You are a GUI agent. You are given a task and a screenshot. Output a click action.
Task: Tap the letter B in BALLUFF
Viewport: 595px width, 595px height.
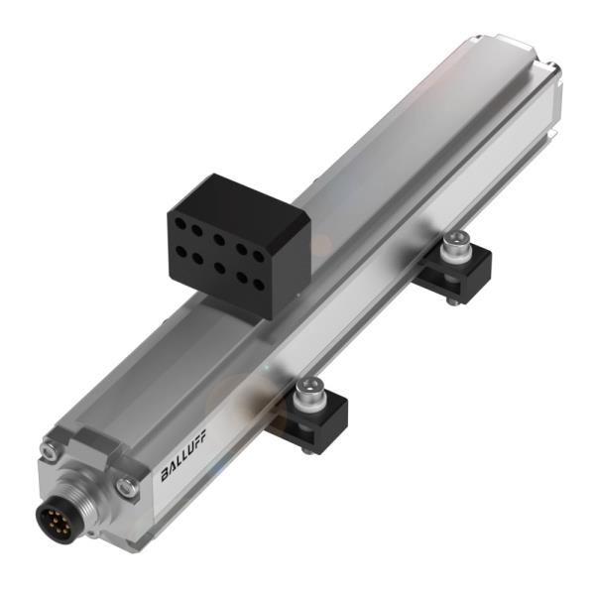pyautogui.click(x=166, y=476)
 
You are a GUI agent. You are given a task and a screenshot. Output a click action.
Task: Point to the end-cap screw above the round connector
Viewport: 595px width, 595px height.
pyautogui.click(x=48, y=451)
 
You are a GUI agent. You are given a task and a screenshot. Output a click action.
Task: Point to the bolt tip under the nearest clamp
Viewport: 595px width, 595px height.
pyautogui.click(x=308, y=447)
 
